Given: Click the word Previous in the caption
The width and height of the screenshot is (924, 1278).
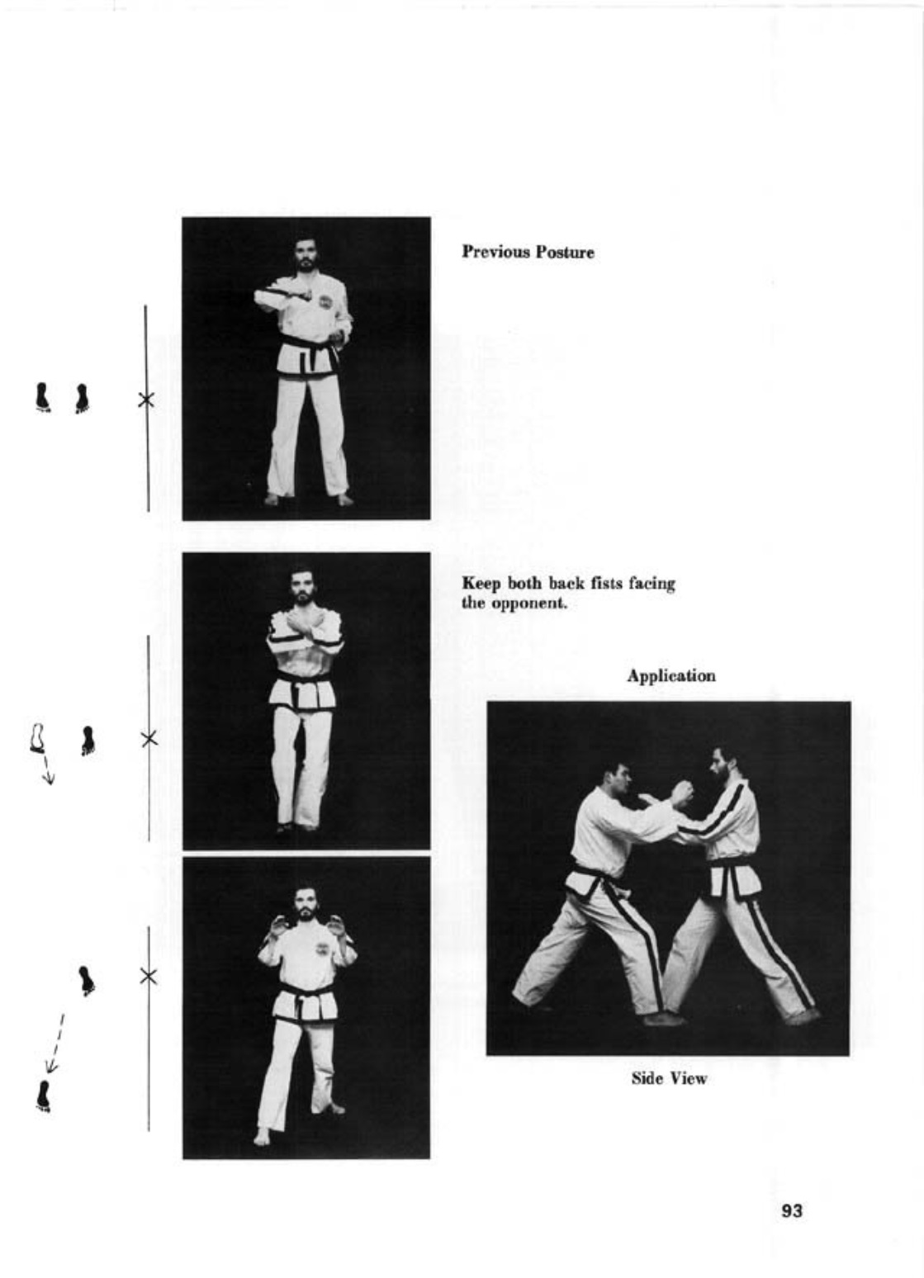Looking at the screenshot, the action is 495,252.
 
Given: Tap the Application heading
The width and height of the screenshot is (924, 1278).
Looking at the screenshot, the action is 670,676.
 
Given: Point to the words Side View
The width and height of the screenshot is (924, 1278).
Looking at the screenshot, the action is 669,1078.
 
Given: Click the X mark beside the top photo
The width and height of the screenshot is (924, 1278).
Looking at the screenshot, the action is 146,400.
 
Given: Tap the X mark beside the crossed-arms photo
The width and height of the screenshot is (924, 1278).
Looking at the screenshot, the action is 149,738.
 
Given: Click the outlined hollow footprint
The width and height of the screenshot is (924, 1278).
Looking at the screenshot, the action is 38,738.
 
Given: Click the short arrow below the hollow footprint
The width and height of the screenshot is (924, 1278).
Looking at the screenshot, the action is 48,769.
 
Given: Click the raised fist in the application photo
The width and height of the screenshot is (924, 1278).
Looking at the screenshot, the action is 681,793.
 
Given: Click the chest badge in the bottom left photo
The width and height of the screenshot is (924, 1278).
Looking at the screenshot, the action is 323,949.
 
